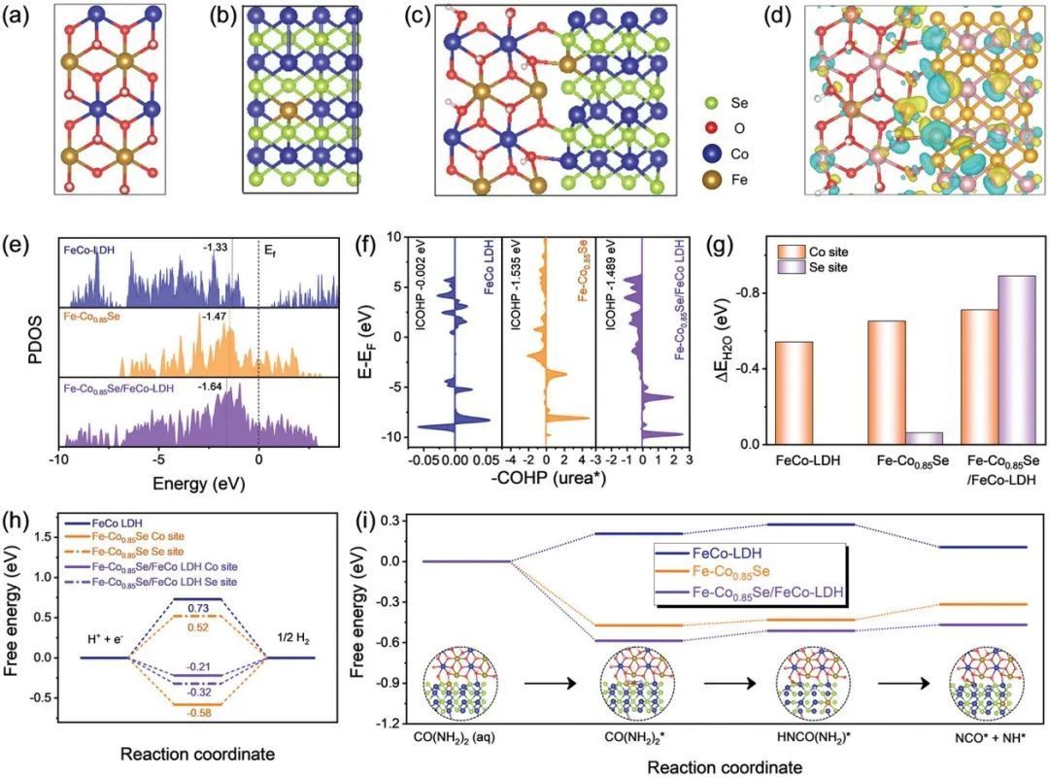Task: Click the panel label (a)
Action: coord(21,17)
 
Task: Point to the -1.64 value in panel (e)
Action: coord(211,388)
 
